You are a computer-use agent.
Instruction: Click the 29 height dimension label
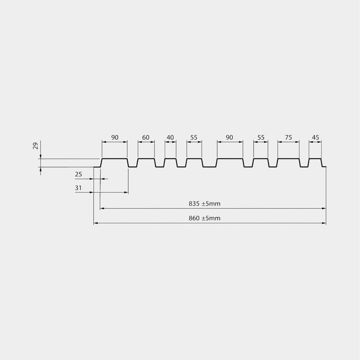36,146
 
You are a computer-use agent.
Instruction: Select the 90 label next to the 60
115,137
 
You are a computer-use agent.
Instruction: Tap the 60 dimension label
146,137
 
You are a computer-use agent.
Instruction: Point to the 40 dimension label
170,137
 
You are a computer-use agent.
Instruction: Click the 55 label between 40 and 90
194,137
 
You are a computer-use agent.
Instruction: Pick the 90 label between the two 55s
229,137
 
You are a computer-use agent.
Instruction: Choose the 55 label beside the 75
261,137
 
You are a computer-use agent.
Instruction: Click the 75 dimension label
289,137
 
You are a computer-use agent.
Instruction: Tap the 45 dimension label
315,137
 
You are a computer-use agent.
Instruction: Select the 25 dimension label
79,175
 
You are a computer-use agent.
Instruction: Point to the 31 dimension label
78,188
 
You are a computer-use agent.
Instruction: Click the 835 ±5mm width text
205,204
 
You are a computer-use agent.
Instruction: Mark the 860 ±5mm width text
205,218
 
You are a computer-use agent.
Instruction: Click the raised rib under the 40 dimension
171,159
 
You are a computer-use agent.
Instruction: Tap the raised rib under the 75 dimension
289,159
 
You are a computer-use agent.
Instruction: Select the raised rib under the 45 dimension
315,159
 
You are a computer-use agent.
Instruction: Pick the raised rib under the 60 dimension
146,159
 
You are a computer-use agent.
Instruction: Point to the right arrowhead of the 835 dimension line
324,209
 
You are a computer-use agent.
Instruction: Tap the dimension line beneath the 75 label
289,142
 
